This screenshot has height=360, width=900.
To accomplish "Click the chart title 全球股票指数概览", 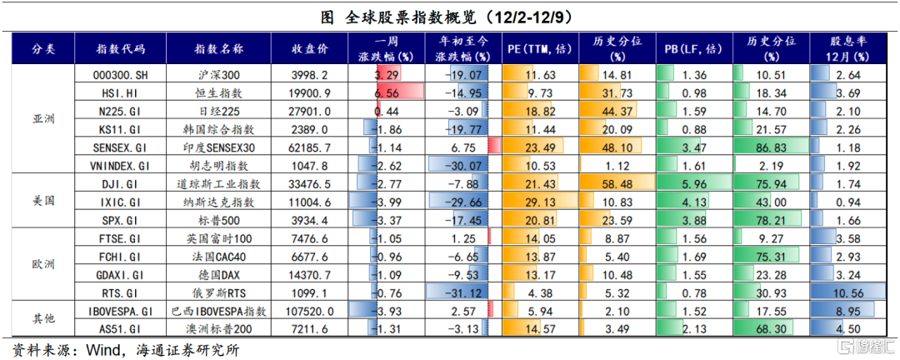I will [x=451, y=16].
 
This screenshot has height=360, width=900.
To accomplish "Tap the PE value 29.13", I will [x=541, y=202].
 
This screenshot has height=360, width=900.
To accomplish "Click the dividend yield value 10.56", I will [x=848, y=292].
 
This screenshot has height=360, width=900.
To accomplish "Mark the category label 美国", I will [x=42, y=201].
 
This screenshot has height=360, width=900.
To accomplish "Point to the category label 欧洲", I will [x=42, y=264].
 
